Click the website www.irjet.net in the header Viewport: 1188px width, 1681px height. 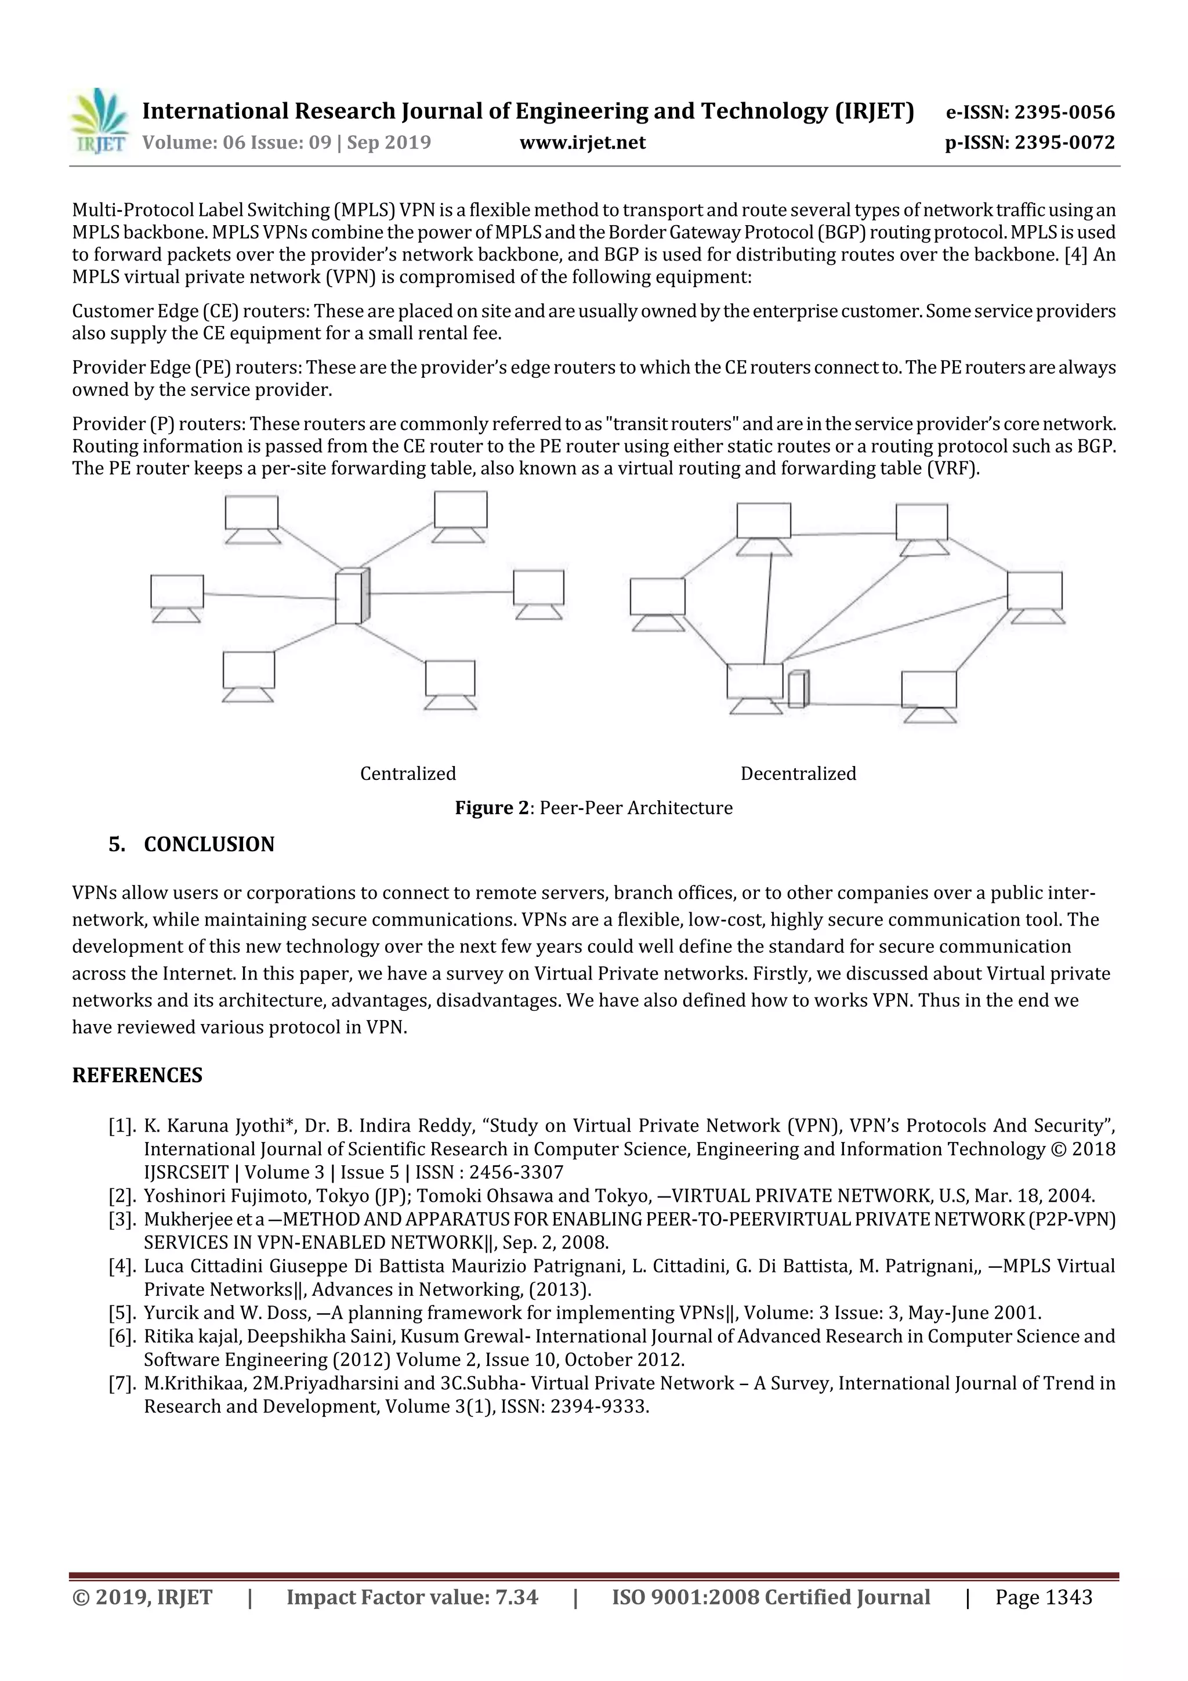click(x=582, y=142)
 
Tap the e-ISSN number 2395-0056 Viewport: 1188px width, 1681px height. click(x=1064, y=113)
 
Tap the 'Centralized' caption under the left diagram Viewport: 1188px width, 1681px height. click(x=408, y=774)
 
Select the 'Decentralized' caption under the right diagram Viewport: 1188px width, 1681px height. click(x=798, y=774)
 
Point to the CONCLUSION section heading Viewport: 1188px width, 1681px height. click(x=209, y=845)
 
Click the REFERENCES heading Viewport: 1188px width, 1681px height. click(x=137, y=1076)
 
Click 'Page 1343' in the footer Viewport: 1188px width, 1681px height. click(x=1043, y=1597)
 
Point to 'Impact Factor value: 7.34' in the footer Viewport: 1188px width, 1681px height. click(x=412, y=1597)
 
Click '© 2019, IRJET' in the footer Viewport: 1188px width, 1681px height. click(x=142, y=1597)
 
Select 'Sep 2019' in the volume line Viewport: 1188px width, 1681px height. click(x=389, y=142)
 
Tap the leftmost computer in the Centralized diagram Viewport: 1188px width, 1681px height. click(x=177, y=597)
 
